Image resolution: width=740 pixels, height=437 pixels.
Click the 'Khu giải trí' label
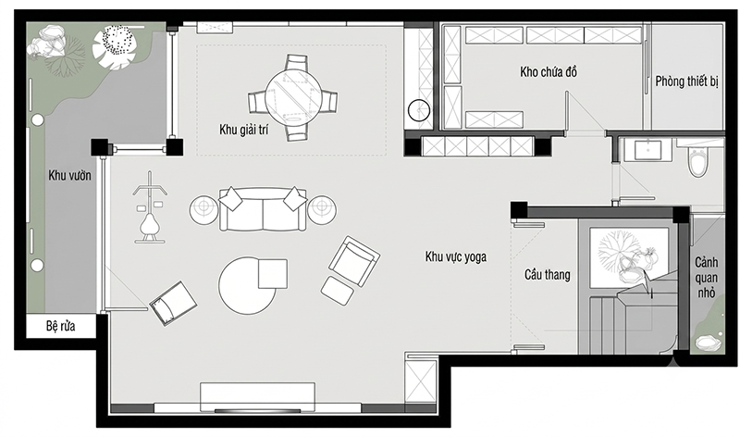click(243, 130)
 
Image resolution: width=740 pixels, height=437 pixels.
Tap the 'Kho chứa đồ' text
click(549, 72)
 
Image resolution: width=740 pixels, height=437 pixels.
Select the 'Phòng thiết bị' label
click(686, 81)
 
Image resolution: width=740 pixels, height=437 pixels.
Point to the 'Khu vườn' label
click(70, 175)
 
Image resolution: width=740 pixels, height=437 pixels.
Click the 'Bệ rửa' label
click(60, 326)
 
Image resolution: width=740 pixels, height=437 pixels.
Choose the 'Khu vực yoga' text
click(455, 256)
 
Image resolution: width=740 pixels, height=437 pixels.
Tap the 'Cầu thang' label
click(547, 274)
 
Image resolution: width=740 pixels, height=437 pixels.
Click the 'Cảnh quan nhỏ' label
click(707, 278)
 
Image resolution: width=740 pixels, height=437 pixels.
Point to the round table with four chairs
click(293, 98)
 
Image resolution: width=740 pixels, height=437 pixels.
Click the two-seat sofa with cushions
click(263, 208)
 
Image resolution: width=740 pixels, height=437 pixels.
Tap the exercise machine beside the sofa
click(150, 208)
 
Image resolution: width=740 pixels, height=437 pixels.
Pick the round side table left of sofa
click(203, 210)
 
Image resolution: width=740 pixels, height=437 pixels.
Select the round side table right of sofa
click(322, 209)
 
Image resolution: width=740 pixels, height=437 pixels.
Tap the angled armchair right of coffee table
click(354, 261)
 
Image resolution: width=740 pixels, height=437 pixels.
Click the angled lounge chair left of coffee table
click(173, 304)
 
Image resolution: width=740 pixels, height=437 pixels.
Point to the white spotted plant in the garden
click(114, 48)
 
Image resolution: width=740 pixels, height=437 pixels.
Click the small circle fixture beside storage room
click(419, 110)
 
